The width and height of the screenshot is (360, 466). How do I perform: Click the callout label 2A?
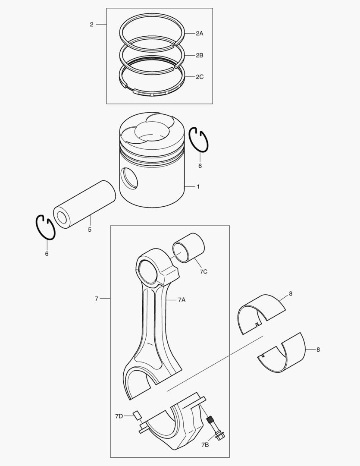click(x=199, y=33)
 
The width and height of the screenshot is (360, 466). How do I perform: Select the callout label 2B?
click(x=199, y=55)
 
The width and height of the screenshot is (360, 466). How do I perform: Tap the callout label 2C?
click(x=199, y=77)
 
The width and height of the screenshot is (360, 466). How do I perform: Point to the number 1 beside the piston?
click(x=198, y=187)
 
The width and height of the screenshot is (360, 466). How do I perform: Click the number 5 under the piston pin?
click(x=89, y=230)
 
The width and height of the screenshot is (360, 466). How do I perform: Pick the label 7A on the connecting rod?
click(x=182, y=300)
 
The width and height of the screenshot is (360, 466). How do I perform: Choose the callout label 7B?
click(x=205, y=445)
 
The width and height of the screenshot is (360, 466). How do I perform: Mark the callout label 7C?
click(x=203, y=272)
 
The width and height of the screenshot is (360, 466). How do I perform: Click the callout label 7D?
click(x=119, y=416)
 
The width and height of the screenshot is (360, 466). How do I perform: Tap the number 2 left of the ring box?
click(x=91, y=24)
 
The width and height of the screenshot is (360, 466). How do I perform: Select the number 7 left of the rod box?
click(x=96, y=299)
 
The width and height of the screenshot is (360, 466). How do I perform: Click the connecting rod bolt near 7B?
click(x=215, y=428)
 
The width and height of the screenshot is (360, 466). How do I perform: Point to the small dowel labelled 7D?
click(x=137, y=415)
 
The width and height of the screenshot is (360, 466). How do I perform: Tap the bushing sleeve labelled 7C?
click(x=189, y=248)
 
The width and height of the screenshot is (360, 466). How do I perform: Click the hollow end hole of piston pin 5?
click(x=62, y=218)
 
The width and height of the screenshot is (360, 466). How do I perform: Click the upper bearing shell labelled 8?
click(x=261, y=314)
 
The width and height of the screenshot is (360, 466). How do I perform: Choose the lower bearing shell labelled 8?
click(x=282, y=354)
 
